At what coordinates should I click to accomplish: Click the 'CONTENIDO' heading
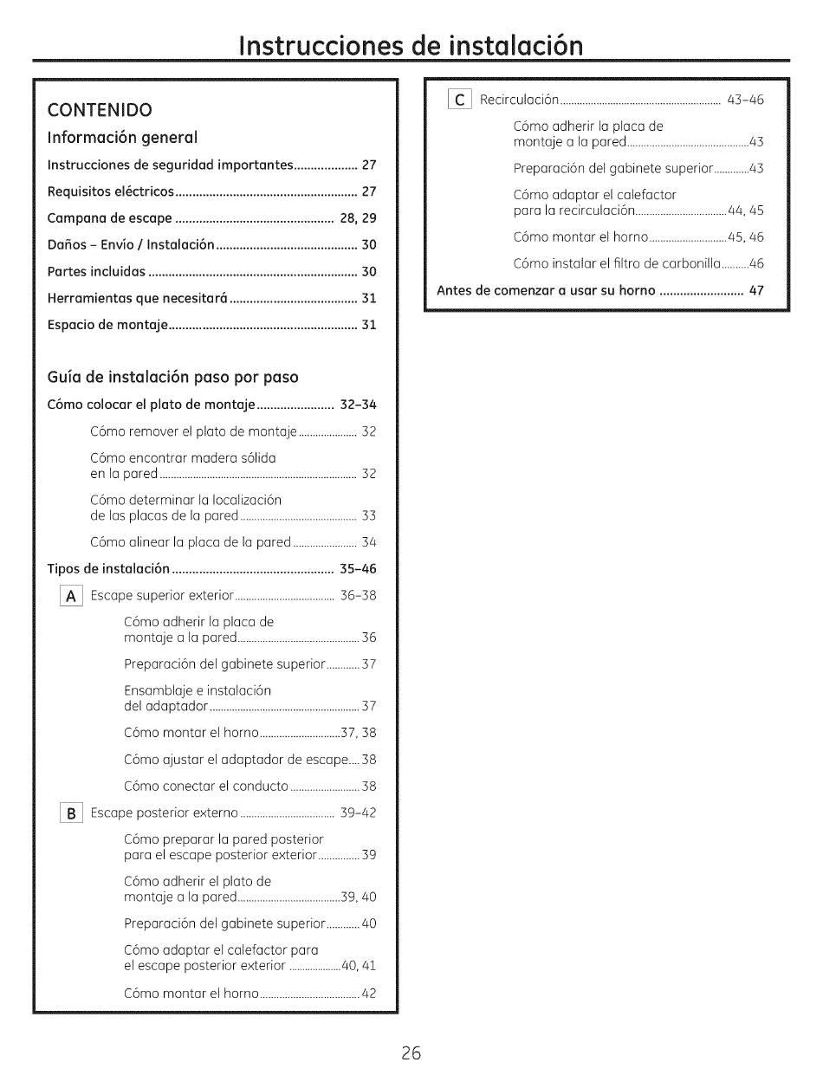click(x=100, y=110)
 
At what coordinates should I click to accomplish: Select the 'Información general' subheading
click(x=122, y=137)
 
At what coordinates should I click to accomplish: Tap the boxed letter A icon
click(x=71, y=596)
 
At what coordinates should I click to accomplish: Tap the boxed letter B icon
click(x=71, y=813)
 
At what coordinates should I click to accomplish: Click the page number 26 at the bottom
click(x=411, y=1030)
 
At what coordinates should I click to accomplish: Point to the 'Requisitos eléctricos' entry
click(x=111, y=191)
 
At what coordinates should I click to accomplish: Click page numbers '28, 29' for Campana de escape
click(x=359, y=218)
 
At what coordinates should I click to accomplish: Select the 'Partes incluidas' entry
click(x=96, y=272)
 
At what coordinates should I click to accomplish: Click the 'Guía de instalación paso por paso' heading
click(x=172, y=377)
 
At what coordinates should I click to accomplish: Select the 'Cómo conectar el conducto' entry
click(x=206, y=787)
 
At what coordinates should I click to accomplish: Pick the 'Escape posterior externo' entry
click(x=165, y=813)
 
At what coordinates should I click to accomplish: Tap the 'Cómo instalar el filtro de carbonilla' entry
click(x=617, y=263)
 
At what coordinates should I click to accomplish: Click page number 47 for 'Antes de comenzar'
click(x=756, y=290)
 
